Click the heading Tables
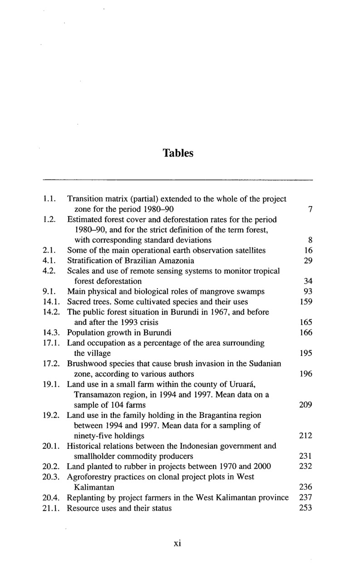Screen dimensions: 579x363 [x=178, y=153]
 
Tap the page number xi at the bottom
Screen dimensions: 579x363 [x=177, y=544]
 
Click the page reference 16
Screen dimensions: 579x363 [x=308, y=250]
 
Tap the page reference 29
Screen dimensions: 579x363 [x=308, y=261]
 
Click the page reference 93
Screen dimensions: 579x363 [x=308, y=291]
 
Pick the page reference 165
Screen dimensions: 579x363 [x=306, y=323]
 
